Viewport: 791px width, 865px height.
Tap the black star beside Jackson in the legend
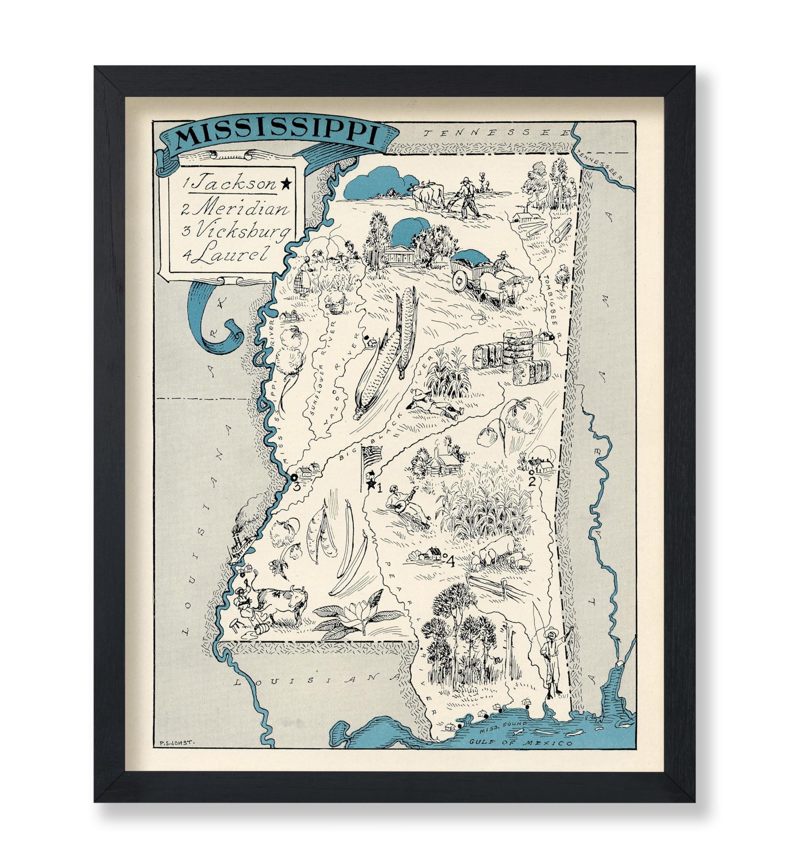click(x=286, y=184)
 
